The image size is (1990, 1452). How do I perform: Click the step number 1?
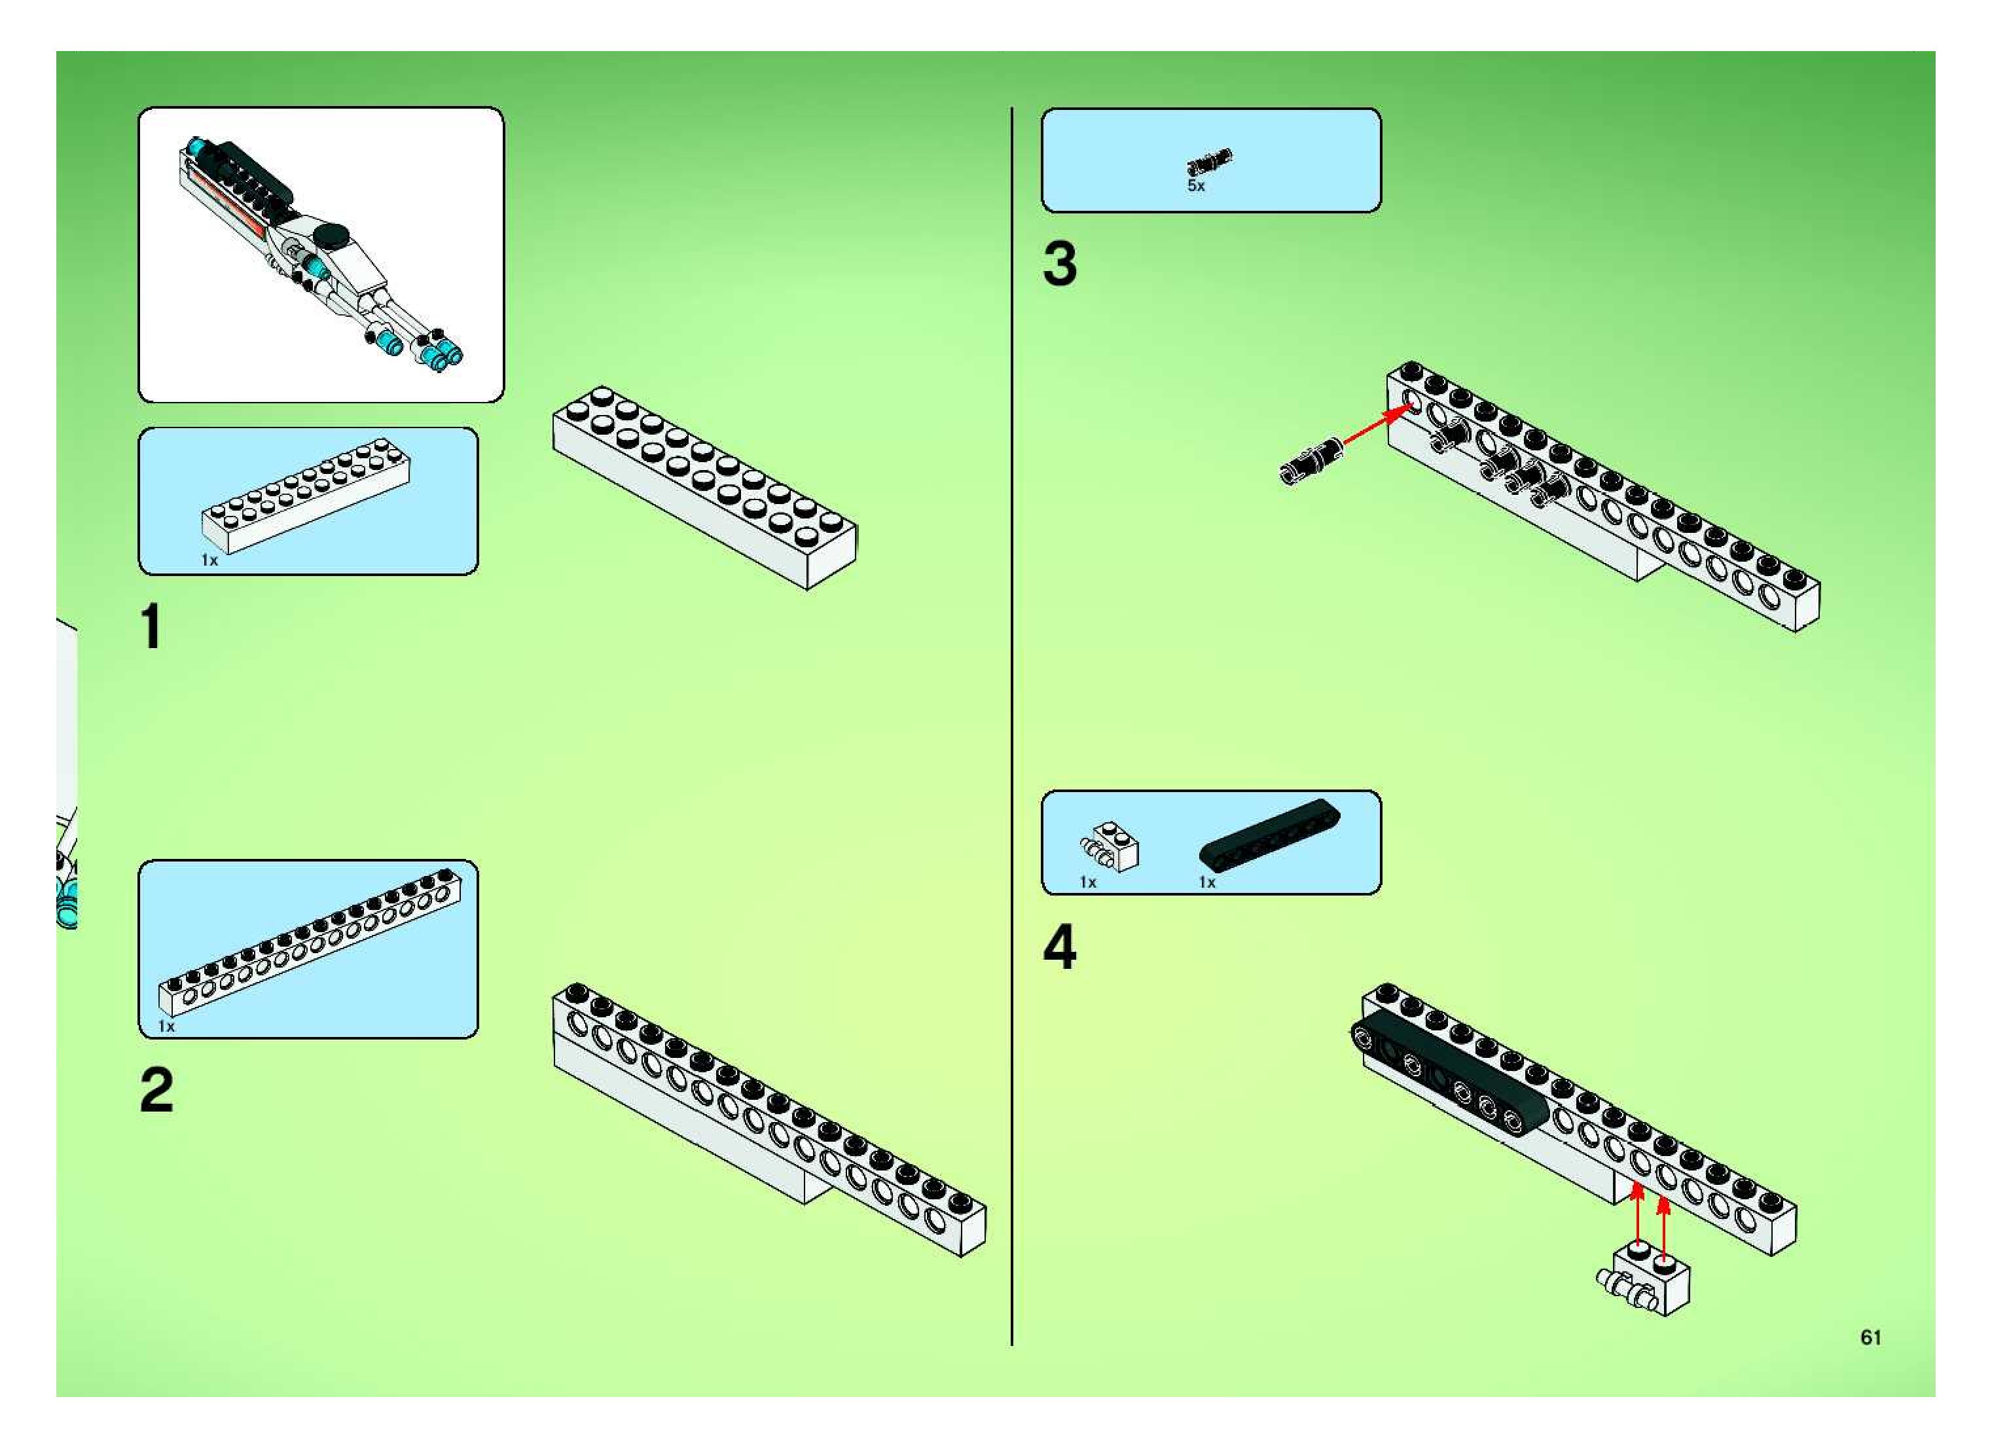pos(151,626)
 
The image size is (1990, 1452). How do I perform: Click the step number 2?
pos(156,1090)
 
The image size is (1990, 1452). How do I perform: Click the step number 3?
pos(1060,264)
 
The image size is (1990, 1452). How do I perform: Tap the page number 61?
pos(1870,1337)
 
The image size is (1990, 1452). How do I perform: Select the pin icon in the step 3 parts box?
pos(1210,162)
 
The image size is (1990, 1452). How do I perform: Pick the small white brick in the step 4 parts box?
pos(1110,847)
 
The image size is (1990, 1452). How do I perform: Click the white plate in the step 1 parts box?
pos(306,496)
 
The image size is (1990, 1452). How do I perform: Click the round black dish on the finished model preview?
pos(333,234)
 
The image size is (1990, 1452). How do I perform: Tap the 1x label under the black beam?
pos(1207,882)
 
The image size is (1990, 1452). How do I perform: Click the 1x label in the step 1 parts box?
pos(209,560)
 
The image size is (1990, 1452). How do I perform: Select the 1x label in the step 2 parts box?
pos(166,1026)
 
